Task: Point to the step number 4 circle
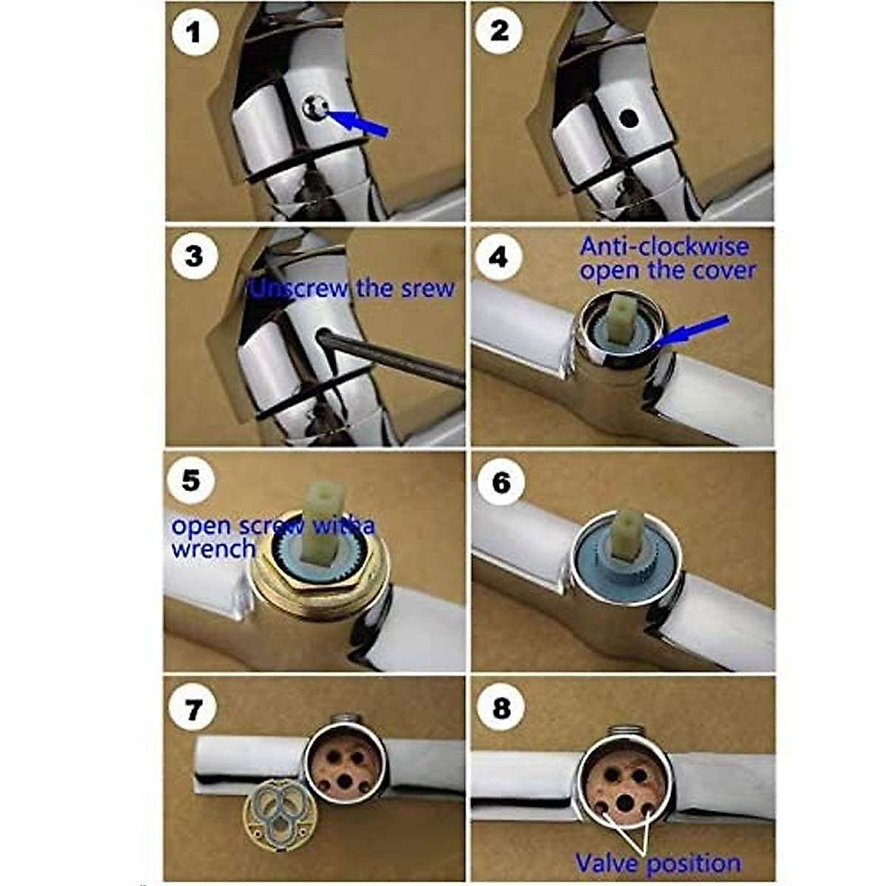click(x=500, y=258)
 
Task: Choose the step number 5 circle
click(x=190, y=482)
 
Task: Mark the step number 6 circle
click(x=501, y=484)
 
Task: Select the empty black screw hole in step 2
click(x=629, y=117)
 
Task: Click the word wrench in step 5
click(x=213, y=549)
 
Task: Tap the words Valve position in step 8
click(x=658, y=862)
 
